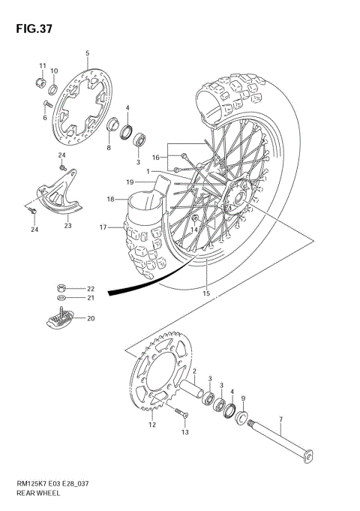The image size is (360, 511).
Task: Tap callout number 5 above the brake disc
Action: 87,53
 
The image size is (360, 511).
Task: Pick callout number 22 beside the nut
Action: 91,289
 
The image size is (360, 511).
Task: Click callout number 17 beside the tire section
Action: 103,227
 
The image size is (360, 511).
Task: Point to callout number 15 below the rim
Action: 206,293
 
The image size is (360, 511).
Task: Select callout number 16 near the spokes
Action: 156,158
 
